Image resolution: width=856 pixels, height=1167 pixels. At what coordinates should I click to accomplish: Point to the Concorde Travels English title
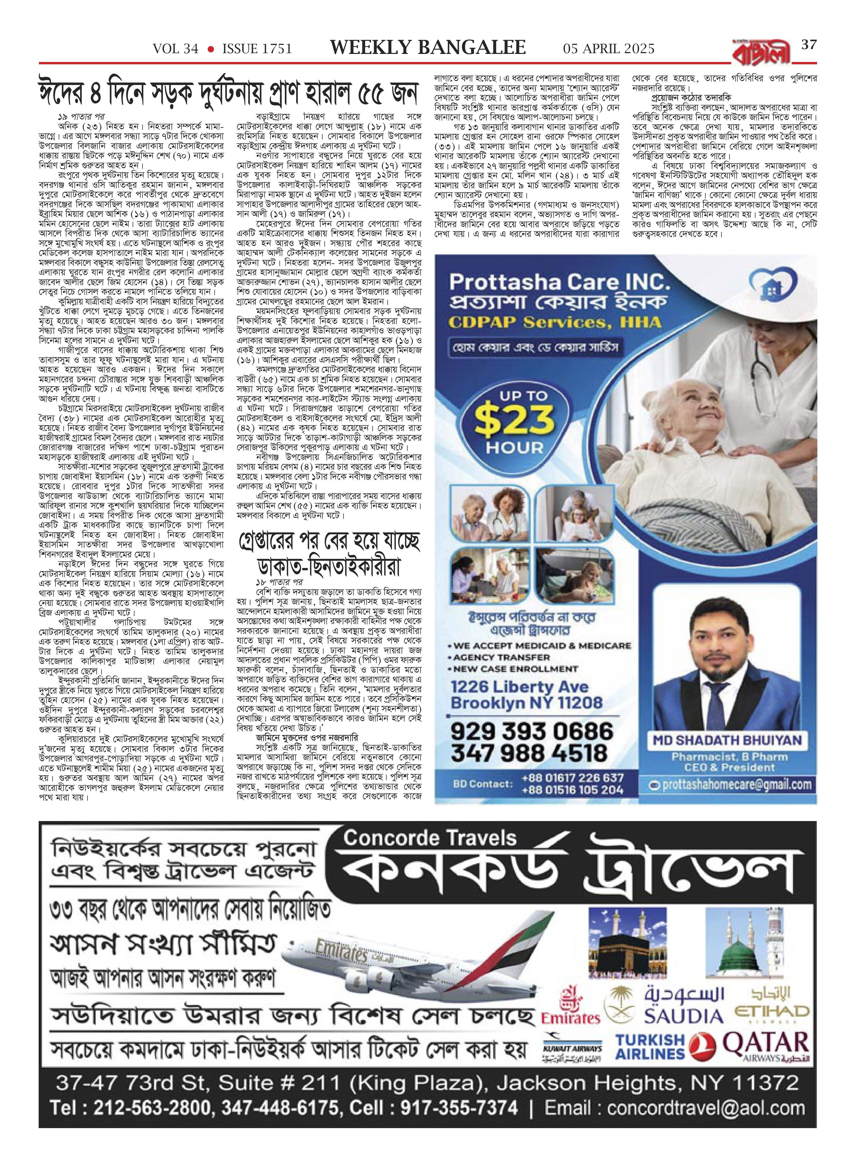430,838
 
